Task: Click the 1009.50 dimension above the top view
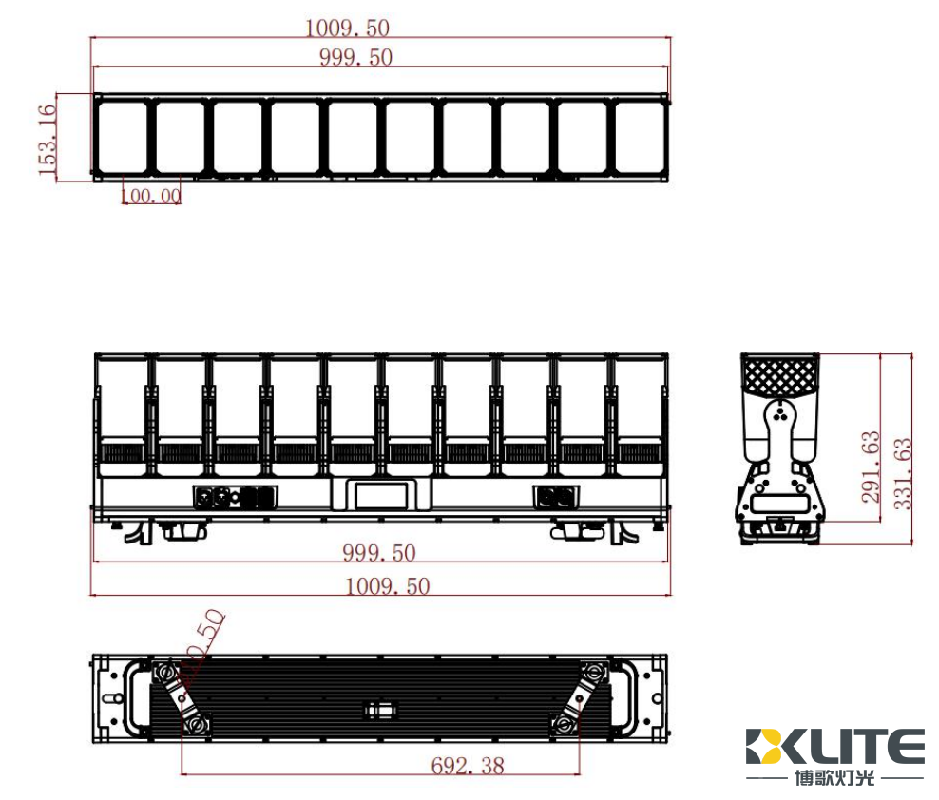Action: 347,28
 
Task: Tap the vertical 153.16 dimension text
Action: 47,139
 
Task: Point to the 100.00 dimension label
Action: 150,196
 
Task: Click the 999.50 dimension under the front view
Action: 378,553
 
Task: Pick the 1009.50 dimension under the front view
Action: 387,586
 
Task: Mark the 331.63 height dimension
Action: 903,472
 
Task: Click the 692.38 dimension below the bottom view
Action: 467,765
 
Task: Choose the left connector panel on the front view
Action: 235,497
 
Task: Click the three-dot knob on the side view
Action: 779,411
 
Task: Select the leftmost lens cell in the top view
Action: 123,137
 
